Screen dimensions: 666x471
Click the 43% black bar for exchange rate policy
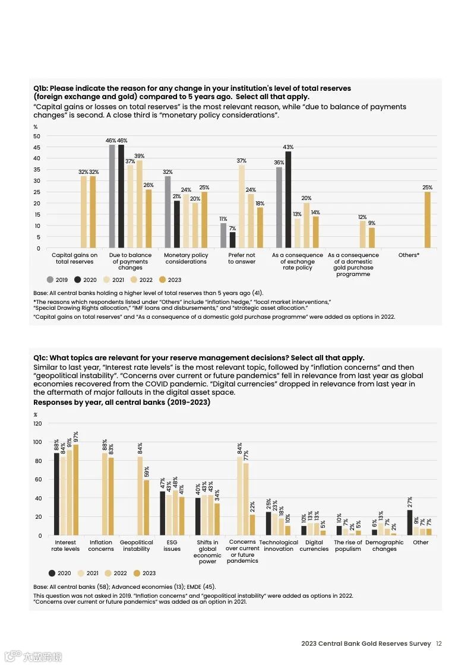tap(288, 199)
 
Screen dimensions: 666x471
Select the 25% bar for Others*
tap(427, 220)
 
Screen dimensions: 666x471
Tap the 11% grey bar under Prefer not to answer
tap(223, 236)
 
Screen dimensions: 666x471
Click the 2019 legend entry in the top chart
tap(57, 280)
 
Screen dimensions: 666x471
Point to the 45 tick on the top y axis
tap(37, 147)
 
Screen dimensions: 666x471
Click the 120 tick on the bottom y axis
tap(37, 423)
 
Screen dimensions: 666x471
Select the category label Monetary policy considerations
tap(186, 258)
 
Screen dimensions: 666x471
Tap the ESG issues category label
tap(172, 546)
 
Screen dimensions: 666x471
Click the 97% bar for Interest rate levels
tap(75, 490)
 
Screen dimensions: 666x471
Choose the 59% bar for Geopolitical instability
tap(146, 508)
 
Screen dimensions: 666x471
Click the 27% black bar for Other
tap(410, 522)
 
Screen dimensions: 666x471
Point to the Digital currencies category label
tap(314, 546)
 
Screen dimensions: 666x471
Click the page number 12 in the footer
tap(438, 643)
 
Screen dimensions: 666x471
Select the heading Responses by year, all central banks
tap(122, 402)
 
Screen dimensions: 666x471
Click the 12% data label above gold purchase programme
tap(362, 217)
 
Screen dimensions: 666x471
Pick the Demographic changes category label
tap(384, 546)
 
